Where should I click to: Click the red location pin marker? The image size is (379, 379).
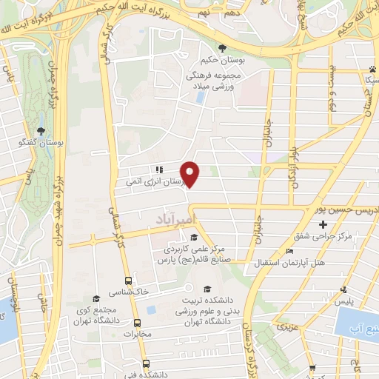point(191,173)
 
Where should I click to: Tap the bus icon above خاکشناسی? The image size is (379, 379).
point(128,281)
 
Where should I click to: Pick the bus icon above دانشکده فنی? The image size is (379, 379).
point(145,363)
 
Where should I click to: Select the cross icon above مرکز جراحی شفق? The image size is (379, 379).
point(323,224)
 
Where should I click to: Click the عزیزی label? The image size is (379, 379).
point(285,326)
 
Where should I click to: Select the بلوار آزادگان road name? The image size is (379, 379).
point(294,155)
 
